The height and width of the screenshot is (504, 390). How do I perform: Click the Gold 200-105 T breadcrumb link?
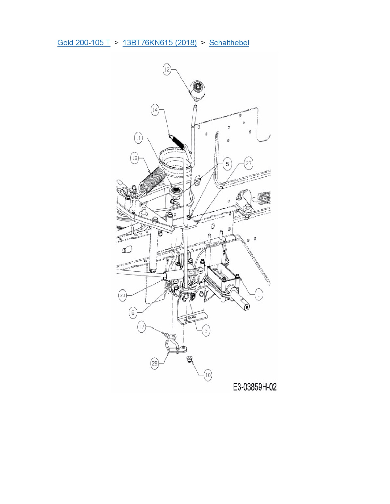pyautogui.click(x=84, y=43)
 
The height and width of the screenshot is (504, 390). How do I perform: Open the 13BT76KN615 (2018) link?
pyautogui.click(x=160, y=43)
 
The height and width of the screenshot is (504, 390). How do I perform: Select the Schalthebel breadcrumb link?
pyautogui.click(x=229, y=43)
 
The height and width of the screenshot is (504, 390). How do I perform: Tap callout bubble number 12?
pyautogui.click(x=167, y=69)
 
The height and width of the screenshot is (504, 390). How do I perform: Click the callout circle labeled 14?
pyautogui.click(x=155, y=110)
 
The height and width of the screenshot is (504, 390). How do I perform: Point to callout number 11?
pyautogui.click(x=139, y=138)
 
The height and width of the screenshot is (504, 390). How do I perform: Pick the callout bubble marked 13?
pyautogui.click(x=135, y=158)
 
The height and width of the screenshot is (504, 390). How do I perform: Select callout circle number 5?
pyautogui.click(x=227, y=164)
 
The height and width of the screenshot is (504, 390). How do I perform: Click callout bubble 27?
pyautogui.click(x=249, y=163)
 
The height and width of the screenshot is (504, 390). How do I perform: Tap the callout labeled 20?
pyautogui.click(x=123, y=295)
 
